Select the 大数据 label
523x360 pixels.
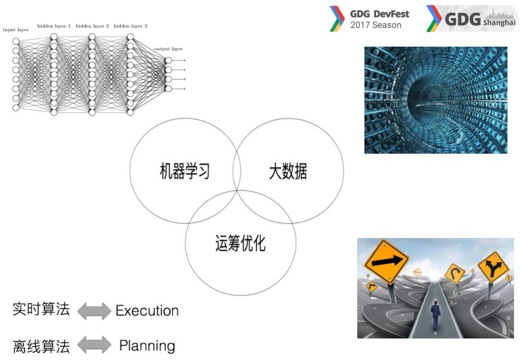(x=288, y=172)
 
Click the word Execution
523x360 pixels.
(x=147, y=311)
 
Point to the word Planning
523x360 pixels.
(x=147, y=346)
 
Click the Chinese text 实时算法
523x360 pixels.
(x=41, y=309)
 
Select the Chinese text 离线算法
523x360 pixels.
(x=41, y=346)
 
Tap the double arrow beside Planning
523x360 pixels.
(x=94, y=345)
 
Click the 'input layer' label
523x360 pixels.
(x=16, y=29)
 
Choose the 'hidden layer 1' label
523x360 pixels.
(x=54, y=26)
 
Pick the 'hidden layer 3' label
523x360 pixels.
(x=130, y=26)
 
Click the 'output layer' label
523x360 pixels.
(x=168, y=48)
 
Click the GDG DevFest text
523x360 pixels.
(x=379, y=14)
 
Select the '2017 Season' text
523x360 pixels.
(x=376, y=25)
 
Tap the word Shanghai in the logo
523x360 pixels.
(x=499, y=22)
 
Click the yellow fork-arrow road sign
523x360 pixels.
(x=492, y=268)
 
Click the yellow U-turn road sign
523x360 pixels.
(x=456, y=274)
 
